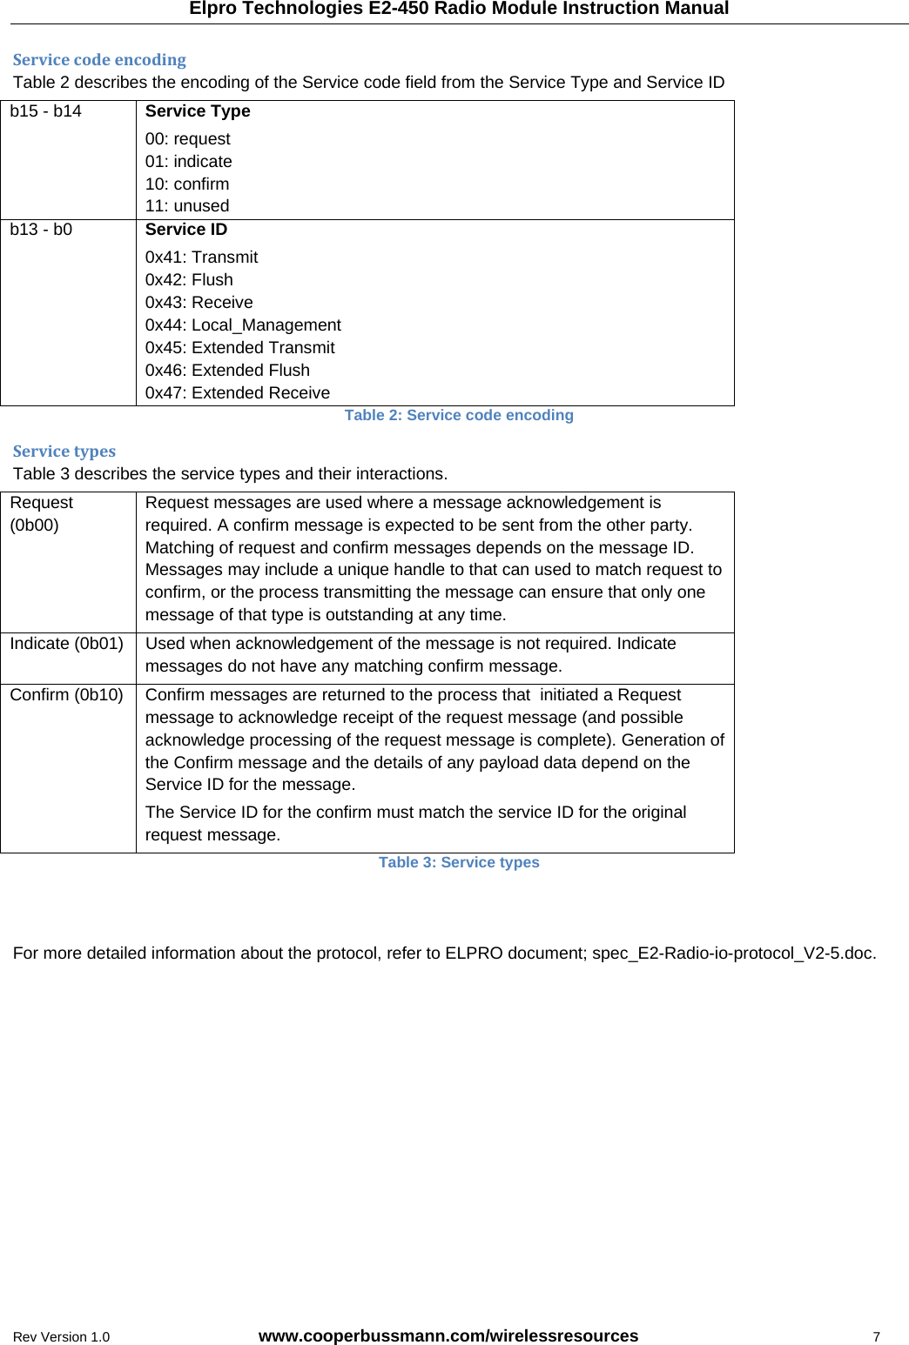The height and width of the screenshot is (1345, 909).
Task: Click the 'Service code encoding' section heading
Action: (x=99, y=60)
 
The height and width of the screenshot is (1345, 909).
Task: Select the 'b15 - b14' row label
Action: (x=45, y=111)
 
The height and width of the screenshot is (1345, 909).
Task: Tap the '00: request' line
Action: (x=187, y=139)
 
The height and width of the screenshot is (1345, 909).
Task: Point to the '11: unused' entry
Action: (x=187, y=206)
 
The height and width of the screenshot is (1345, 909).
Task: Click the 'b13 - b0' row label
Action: (x=41, y=230)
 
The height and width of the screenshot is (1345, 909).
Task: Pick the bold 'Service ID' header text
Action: (x=185, y=230)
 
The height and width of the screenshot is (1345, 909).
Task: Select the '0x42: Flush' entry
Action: (x=189, y=280)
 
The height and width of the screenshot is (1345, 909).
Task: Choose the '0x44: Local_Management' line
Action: (x=243, y=325)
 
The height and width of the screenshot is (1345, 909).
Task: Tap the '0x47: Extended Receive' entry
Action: (x=238, y=393)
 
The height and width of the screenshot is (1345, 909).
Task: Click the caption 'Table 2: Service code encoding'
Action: (x=459, y=416)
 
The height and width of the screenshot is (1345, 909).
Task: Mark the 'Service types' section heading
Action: (x=64, y=452)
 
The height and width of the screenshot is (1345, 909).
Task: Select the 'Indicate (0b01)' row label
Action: (x=66, y=644)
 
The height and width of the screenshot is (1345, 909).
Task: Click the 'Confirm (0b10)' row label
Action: (x=66, y=695)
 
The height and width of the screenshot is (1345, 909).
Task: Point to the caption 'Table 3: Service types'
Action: (x=459, y=863)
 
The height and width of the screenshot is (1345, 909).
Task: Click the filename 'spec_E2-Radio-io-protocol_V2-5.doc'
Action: (x=733, y=954)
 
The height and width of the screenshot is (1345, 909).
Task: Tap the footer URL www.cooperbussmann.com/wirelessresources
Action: (x=448, y=1336)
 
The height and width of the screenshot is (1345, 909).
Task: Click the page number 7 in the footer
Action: (x=877, y=1337)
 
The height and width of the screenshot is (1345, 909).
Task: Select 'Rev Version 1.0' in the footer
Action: (x=61, y=1337)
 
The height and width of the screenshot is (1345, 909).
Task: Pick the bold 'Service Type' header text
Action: (x=198, y=111)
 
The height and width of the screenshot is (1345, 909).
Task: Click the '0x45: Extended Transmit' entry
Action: (x=239, y=348)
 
